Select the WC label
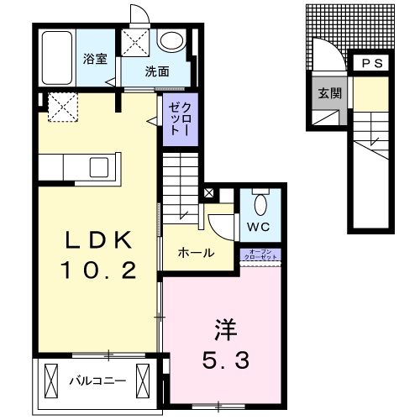(259, 227)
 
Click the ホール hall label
(195, 253)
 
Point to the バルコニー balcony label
(97, 380)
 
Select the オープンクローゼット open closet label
(260, 255)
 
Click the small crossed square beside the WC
(208, 192)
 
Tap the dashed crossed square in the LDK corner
(60, 106)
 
